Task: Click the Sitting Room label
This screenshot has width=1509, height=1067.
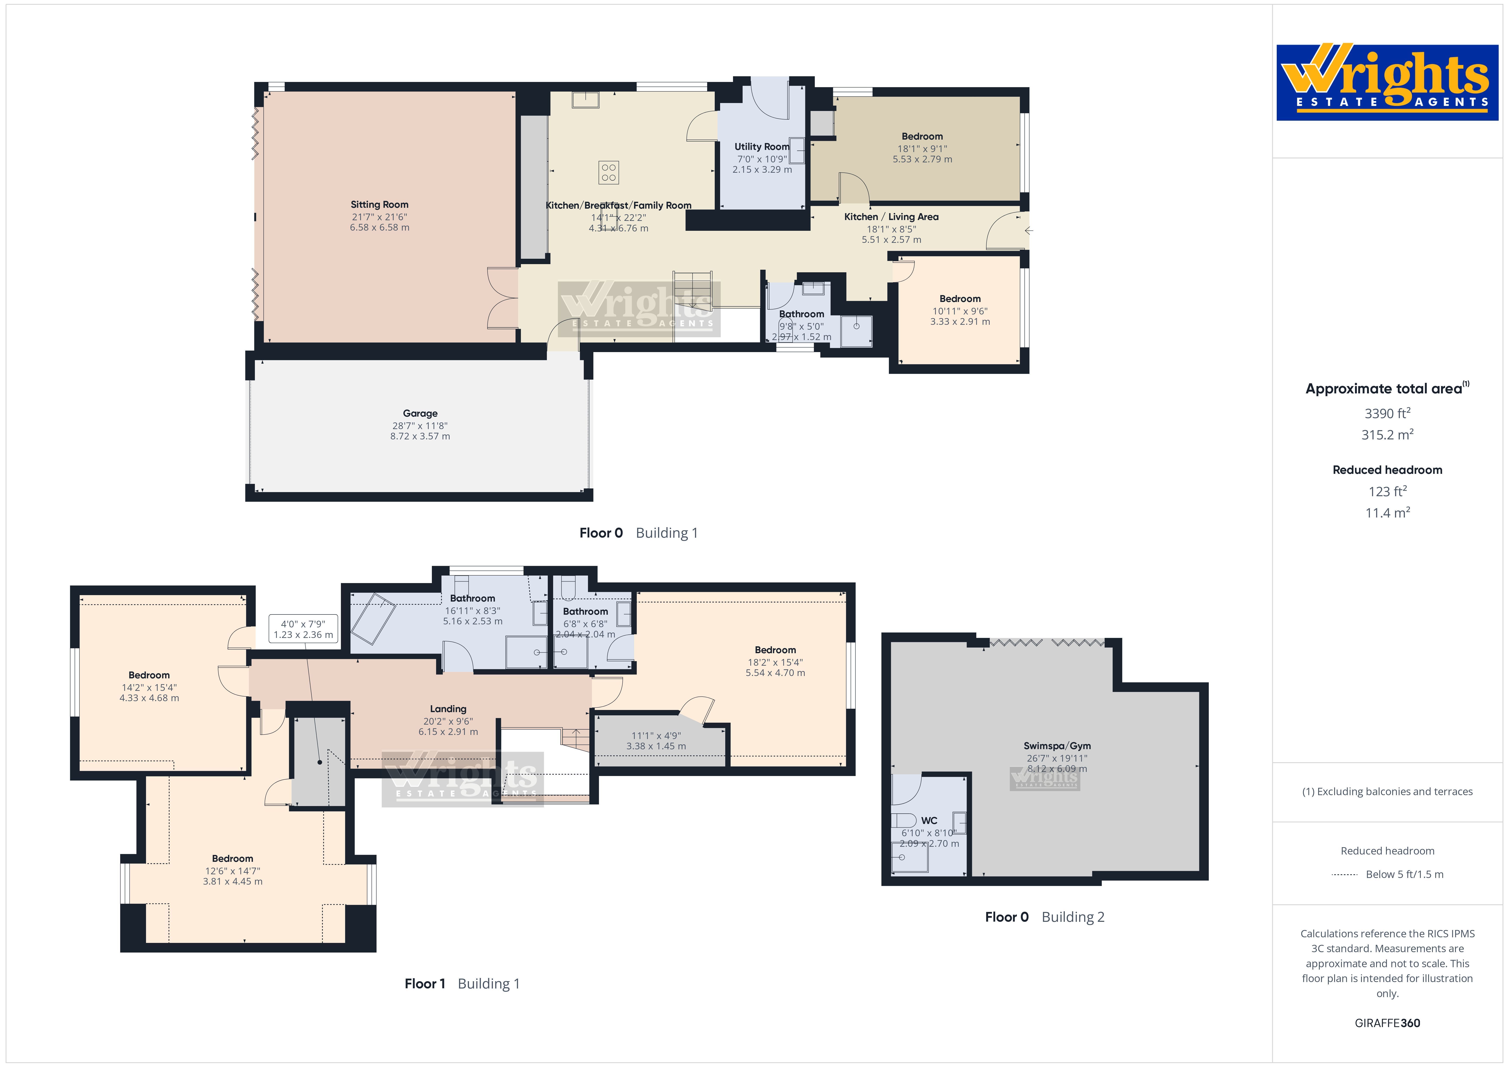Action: (x=379, y=205)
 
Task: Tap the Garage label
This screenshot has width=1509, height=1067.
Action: (x=420, y=414)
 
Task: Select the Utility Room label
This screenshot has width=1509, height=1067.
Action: (x=762, y=147)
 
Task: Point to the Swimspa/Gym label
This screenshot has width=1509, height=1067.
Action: (x=1057, y=745)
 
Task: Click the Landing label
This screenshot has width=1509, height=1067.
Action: (x=448, y=709)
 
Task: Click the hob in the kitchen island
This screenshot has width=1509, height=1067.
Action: (x=609, y=172)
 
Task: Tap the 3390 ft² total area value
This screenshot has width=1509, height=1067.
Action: (x=1387, y=413)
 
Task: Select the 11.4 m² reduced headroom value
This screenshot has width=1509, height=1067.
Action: (x=1387, y=512)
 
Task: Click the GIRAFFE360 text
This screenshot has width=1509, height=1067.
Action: (x=1387, y=1023)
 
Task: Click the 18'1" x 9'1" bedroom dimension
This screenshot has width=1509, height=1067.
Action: (x=922, y=149)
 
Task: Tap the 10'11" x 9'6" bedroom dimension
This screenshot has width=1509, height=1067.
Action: (x=959, y=311)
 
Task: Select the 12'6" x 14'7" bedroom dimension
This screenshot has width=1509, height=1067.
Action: (x=233, y=870)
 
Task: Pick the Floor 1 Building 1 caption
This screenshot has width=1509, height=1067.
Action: (x=462, y=984)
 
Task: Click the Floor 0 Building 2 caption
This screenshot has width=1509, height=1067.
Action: (x=1044, y=916)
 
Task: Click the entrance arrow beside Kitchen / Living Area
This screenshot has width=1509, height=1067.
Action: (x=1029, y=231)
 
